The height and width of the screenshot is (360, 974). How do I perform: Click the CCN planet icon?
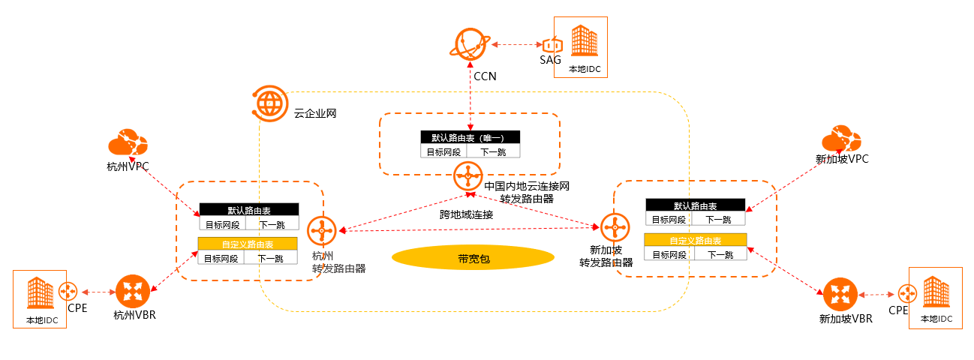(470, 45)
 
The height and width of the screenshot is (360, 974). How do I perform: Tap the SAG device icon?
(552, 46)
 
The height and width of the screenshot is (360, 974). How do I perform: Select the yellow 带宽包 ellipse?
(473, 258)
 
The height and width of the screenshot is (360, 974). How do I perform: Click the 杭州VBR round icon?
(134, 290)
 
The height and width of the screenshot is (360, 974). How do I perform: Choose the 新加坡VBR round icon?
(840, 294)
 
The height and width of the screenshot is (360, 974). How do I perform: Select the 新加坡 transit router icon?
(614, 225)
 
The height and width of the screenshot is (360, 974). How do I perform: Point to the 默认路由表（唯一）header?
(470, 138)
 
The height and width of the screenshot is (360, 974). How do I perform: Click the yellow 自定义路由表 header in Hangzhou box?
(248, 244)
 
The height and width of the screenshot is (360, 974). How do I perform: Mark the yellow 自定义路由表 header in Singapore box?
(696, 241)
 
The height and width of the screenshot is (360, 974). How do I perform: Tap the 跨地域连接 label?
(466, 214)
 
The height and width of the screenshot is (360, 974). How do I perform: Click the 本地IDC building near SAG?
(580, 40)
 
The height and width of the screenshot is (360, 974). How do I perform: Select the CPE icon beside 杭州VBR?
(69, 291)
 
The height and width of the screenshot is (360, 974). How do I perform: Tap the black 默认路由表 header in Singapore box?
(695, 205)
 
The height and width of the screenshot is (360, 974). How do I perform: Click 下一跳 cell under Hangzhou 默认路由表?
(271, 223)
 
